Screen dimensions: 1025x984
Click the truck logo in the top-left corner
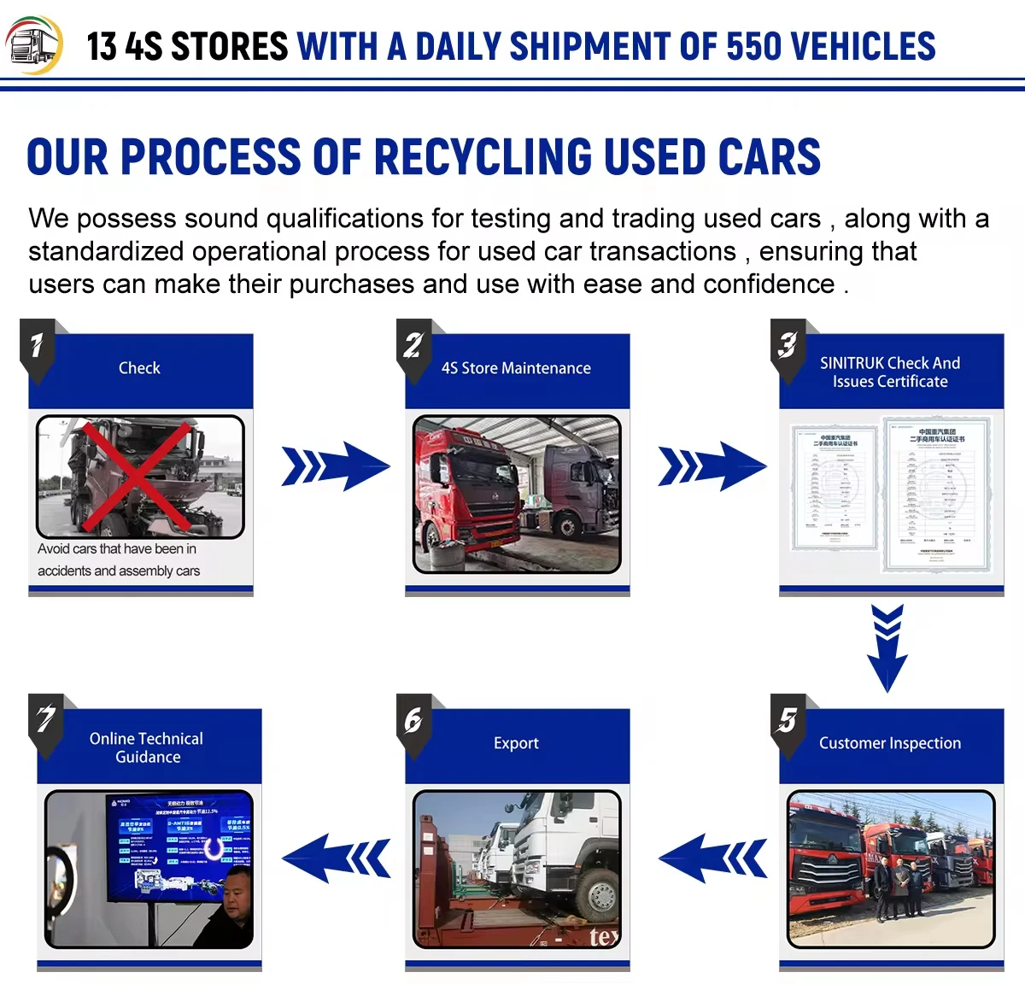pyautogui.click(x=34, y=44)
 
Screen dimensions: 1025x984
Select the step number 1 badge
pyautogui.click(x=37, y=347)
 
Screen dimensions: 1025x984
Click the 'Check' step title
pyautogui.click(x=139, y=368)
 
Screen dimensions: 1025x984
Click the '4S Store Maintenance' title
pyautogui.click(x=516, y=368)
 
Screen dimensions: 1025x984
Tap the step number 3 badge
pyautogui.click(x=788, y=347)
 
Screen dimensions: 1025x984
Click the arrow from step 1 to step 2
pyautogui.click(x=335, y=466)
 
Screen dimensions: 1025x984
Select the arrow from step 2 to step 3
pyautogui.click(x=712, y=466)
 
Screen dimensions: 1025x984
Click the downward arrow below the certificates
pyautogui.click(x=887, y=647)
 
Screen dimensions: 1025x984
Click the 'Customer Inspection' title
pyautogui.click(x=890, y=743)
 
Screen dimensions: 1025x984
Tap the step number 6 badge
pyautogui.click(x=413, y=722)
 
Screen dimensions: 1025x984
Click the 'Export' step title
pyautogui.click(x=516, y=743)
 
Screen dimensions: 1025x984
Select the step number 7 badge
pyautogui.click(x=46, y=722)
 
